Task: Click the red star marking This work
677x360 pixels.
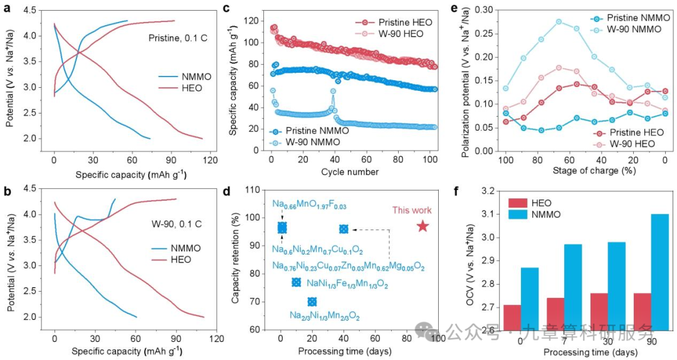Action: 422,226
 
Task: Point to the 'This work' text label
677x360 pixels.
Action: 412,210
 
